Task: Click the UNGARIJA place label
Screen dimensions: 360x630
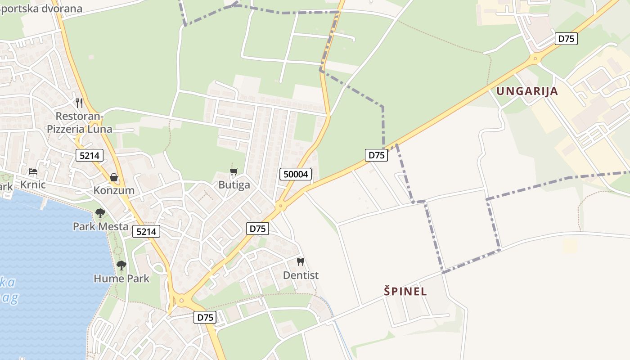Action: (527, 91)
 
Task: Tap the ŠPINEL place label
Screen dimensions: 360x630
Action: (405, 291)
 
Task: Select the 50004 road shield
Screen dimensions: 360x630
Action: (296, 174)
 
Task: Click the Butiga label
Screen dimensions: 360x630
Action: (234, 185)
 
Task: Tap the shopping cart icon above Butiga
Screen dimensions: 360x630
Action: (234, 171)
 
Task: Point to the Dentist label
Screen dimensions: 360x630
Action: (301, 275)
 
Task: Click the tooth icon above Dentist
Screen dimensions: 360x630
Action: (301, 261)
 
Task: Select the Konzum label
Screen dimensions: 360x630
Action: (114, 190)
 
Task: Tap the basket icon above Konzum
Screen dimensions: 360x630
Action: (114, 177)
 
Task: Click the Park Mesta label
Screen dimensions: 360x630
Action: (101, 226)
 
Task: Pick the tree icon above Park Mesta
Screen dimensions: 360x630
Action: (100, 213)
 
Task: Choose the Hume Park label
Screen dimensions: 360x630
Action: (121, 279)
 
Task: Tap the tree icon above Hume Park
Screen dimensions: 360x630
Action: (121, 265)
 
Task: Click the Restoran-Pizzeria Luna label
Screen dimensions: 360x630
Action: (80, 123)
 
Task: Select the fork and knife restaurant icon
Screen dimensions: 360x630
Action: (79, 103)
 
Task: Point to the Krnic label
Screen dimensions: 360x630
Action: (33, 184)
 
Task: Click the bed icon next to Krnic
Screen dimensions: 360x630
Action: (33, 171)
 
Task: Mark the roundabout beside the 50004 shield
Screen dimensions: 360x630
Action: (281, 207)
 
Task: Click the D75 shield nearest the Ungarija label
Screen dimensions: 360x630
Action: (566, 39)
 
